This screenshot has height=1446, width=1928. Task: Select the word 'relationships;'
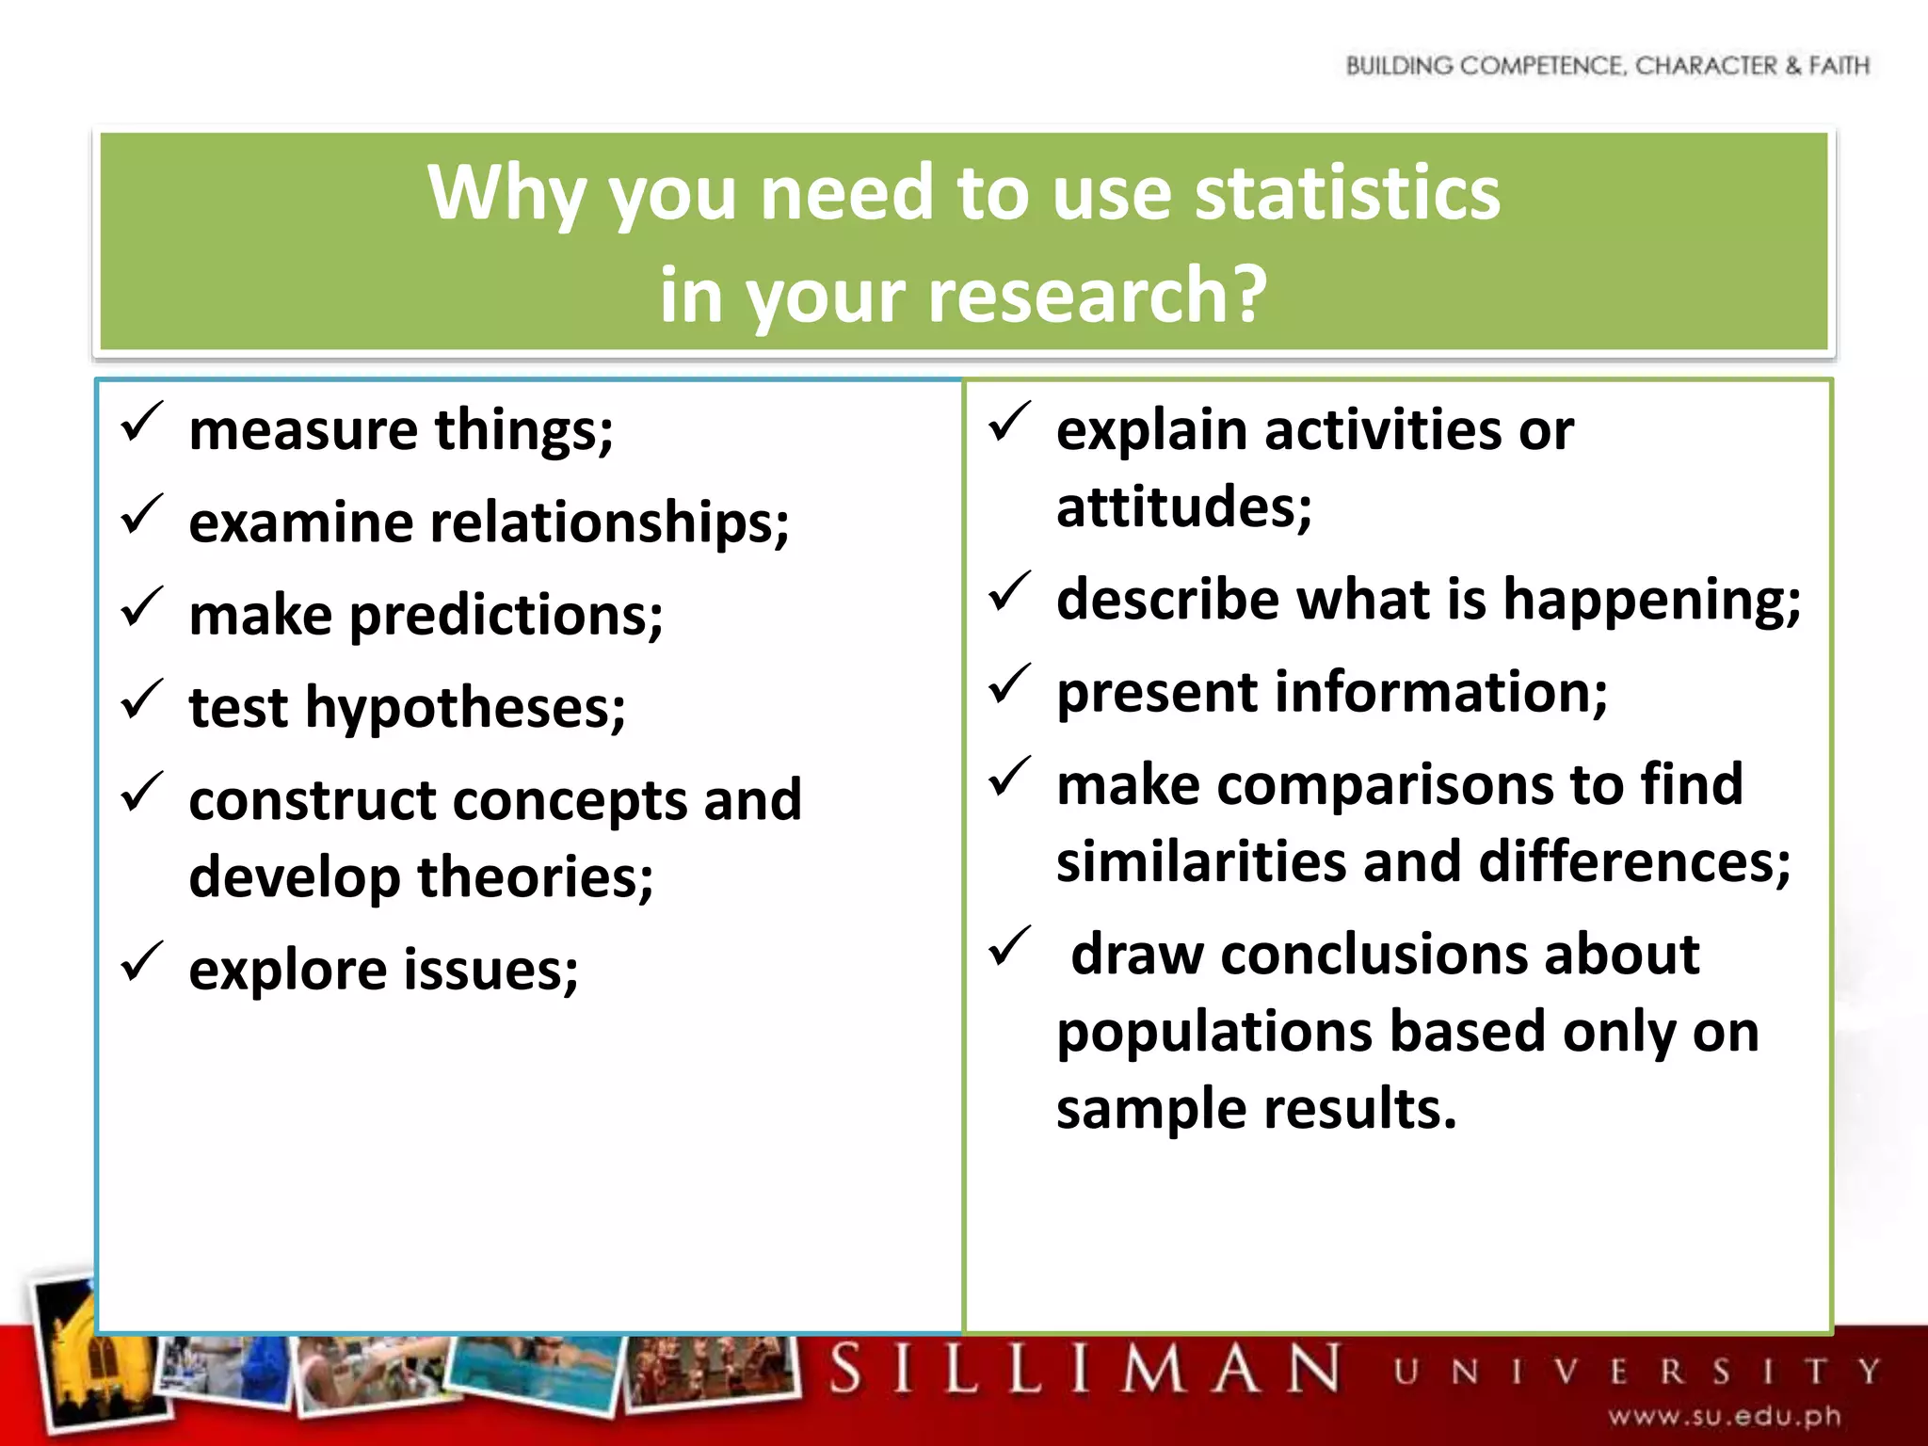point(609,523)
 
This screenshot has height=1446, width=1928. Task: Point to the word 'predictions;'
point(506,617)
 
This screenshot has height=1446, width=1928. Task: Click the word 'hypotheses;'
point(465,708)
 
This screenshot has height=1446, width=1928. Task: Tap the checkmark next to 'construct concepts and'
point(142,793)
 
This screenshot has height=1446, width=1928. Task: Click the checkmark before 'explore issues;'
point(142,962)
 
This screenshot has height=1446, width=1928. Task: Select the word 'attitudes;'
point(1183,507)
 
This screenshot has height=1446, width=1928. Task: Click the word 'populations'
point(1214,1033)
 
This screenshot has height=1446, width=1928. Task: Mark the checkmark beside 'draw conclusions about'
point(1010,947)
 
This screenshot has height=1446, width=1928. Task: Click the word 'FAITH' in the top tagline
point(1838,66)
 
